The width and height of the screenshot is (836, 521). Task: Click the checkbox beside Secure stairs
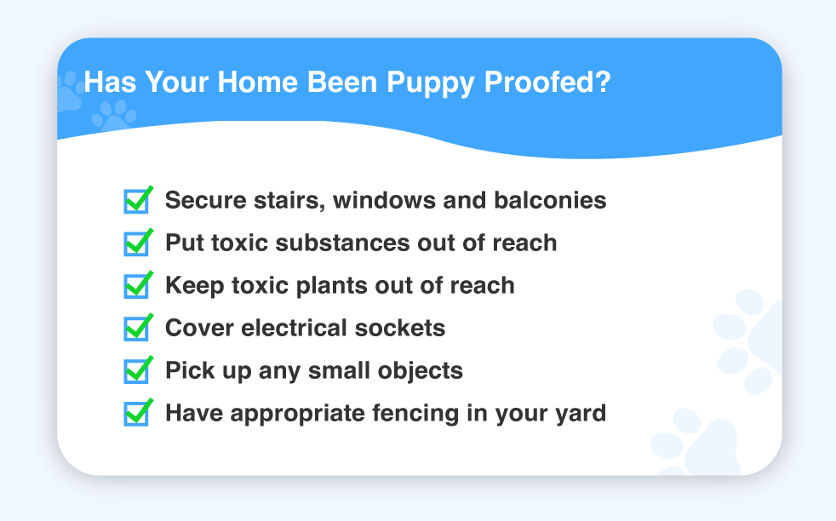click(x=136, y=202)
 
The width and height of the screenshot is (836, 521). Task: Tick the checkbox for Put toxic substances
click(x=136, y=244)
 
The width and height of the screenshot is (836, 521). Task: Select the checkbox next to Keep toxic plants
click(x=136, y=286)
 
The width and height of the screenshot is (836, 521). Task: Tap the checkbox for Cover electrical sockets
click(x=136, y=329)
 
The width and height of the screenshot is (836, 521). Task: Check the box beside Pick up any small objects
click(x=136, y=372)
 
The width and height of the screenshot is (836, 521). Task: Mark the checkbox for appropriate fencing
click(x=136, y=415)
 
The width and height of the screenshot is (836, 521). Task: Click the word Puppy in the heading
click(x=430, y=83)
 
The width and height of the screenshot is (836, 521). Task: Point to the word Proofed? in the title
click(x=547, y=82)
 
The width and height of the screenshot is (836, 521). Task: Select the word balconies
click(x=550, y=200)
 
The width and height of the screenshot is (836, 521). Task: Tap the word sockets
click(x=400, y=328)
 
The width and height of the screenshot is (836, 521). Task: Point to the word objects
click(x=421, y=371)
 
